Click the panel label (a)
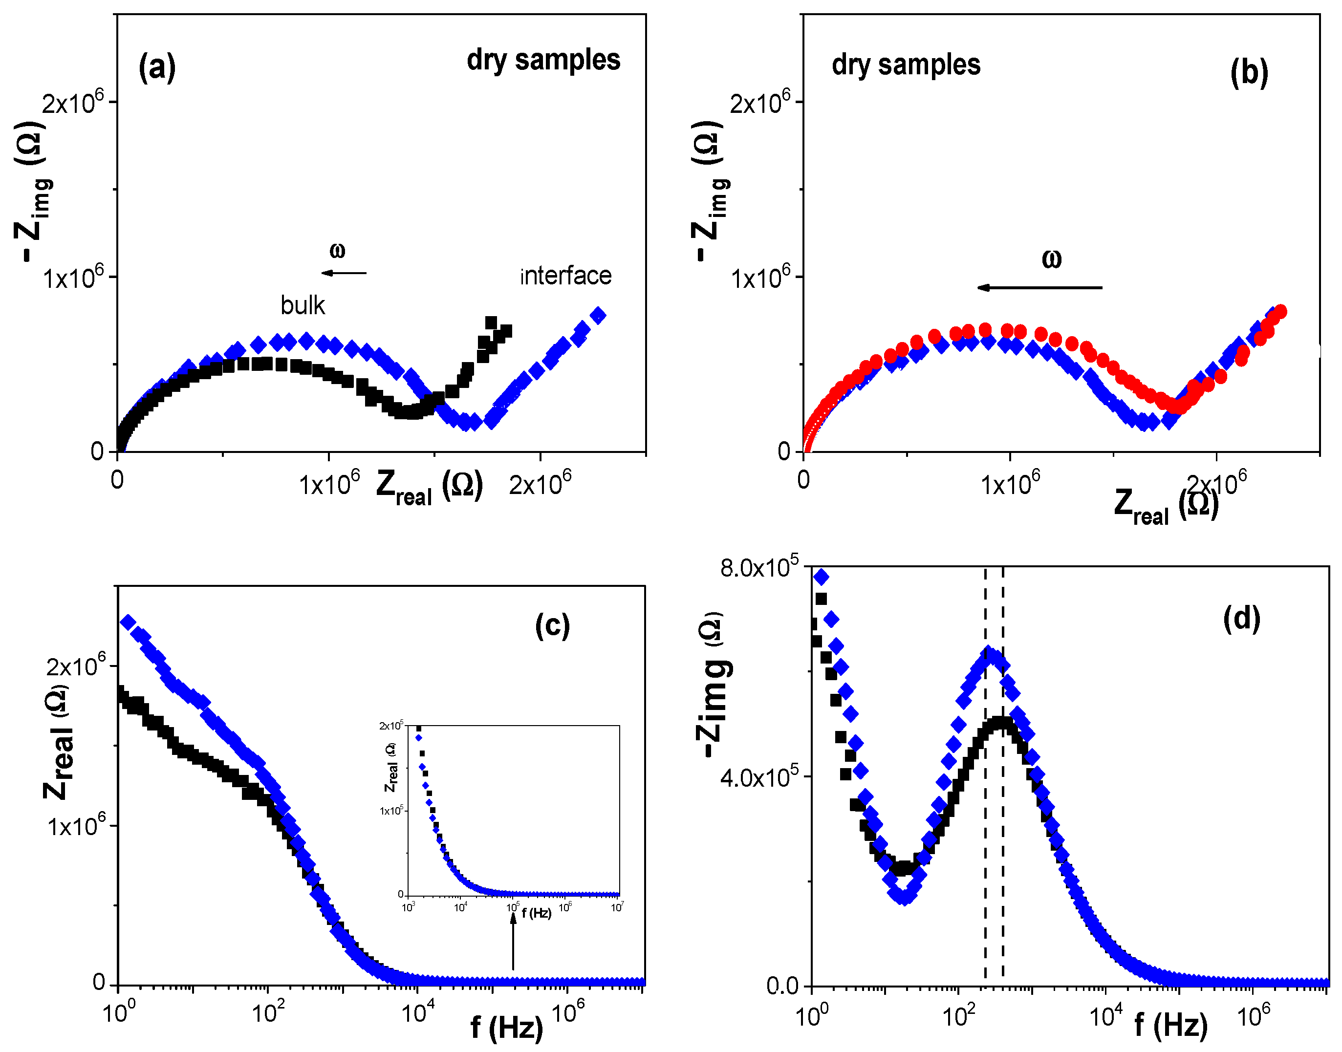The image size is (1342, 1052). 157,66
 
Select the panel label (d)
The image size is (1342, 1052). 1241,618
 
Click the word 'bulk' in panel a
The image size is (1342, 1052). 303,305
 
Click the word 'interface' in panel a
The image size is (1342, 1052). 565,276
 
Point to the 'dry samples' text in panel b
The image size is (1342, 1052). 906,64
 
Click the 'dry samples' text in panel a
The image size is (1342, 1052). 543,60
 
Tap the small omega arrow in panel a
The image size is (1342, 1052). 344,273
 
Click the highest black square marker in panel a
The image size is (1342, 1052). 491,323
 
